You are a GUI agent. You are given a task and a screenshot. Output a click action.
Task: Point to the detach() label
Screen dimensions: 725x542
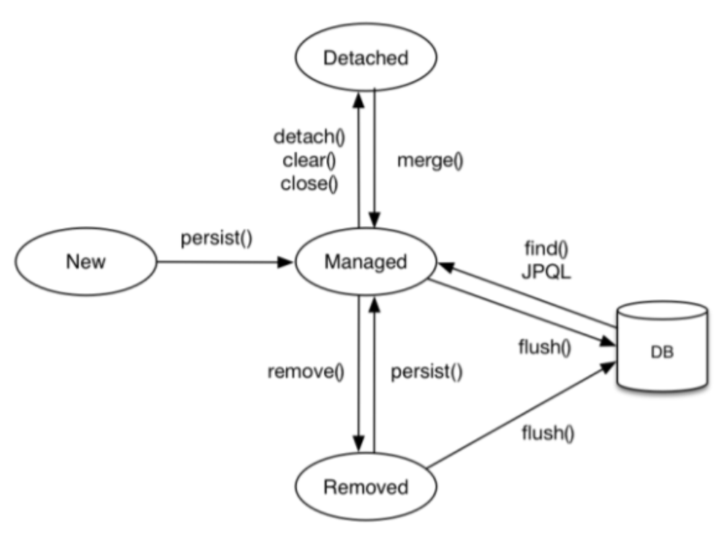coord(309,137)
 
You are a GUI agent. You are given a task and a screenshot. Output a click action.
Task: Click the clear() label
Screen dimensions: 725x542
coord(309,161)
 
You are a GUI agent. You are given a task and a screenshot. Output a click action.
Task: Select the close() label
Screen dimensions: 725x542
coord(309,184)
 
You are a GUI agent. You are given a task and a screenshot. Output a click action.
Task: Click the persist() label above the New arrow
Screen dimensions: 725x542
coord(216,238)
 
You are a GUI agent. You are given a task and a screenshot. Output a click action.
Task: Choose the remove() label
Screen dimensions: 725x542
coord(306,371)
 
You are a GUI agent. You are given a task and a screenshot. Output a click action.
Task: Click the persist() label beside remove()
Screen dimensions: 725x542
coord(426,371)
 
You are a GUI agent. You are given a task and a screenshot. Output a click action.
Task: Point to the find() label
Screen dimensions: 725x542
coord(546,249)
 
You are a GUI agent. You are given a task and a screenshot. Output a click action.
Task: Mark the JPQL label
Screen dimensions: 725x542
coord(546,272)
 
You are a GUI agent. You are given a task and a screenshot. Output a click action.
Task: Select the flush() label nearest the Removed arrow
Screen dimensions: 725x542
coord(548,433)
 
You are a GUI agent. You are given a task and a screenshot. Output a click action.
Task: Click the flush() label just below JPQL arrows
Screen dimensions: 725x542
coord(545,347)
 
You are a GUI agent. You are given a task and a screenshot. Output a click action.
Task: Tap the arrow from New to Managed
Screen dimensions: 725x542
coord(225,262)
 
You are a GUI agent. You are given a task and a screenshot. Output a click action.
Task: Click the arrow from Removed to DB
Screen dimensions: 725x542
coord(521,415)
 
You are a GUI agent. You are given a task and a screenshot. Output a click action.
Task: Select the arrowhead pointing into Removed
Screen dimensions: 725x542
coord(358,443)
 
